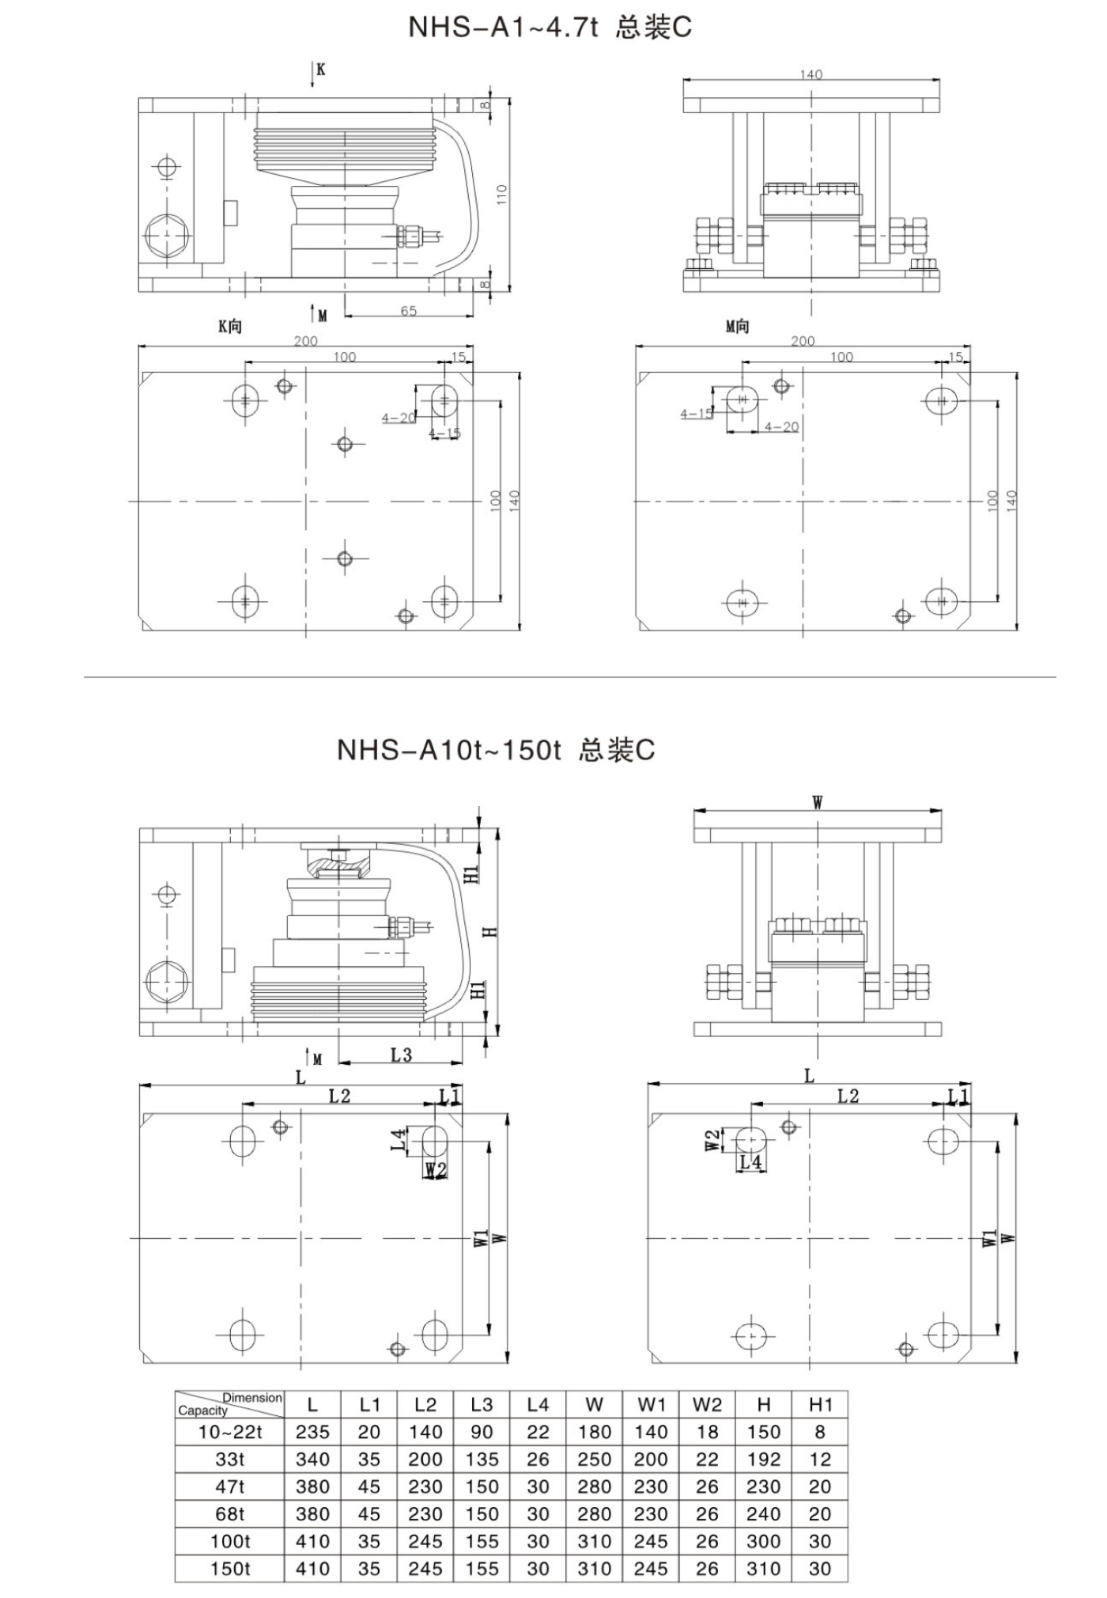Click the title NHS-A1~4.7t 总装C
tap(550, 28)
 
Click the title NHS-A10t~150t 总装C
tap(496, 749)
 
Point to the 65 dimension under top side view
tap(408, 311)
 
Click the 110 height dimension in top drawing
tap(502, 194)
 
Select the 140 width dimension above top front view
tap(810, 74)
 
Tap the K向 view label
tap(230, 326)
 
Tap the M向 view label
tap(737, 326)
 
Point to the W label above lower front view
tap(818, 803)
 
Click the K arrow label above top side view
tap(320, 70)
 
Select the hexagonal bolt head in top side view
tap(167, 235)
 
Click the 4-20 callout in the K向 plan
tap(397, 418)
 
